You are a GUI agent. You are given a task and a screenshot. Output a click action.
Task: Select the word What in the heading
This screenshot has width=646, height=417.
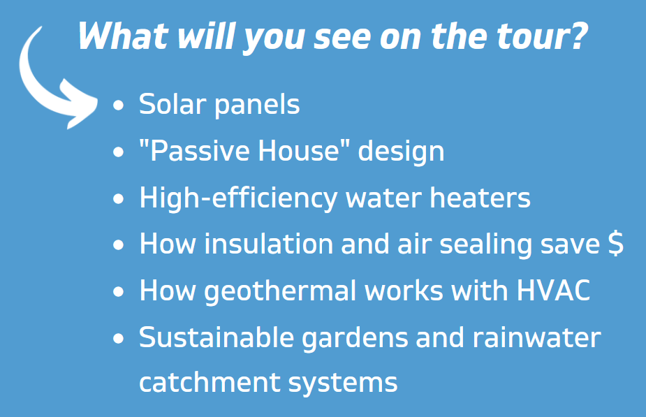123,36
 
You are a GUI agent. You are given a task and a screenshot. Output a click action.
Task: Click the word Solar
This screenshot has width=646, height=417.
172,103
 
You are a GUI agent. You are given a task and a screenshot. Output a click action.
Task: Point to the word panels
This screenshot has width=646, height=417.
257,105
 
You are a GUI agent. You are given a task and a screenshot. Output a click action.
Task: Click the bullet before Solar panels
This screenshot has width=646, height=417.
118,105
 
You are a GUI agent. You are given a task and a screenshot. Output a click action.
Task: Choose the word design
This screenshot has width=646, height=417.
401,152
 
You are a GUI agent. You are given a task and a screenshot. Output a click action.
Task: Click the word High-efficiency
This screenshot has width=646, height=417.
238,198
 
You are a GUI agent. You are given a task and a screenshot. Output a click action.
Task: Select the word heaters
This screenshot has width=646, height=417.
480,198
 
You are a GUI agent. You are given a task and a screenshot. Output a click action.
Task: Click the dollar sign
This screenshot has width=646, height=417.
616,244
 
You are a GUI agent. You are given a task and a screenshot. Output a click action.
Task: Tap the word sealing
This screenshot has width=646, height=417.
486,244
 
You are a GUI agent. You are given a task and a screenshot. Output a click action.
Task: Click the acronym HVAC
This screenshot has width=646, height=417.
553,291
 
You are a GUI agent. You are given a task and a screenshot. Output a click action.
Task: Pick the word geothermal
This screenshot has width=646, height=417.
281,291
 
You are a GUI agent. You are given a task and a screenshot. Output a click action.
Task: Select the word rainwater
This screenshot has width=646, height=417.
536,337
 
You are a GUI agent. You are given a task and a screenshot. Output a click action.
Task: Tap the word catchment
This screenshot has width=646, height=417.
210,382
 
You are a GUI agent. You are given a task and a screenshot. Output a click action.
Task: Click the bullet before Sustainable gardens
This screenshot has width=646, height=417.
118,339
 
